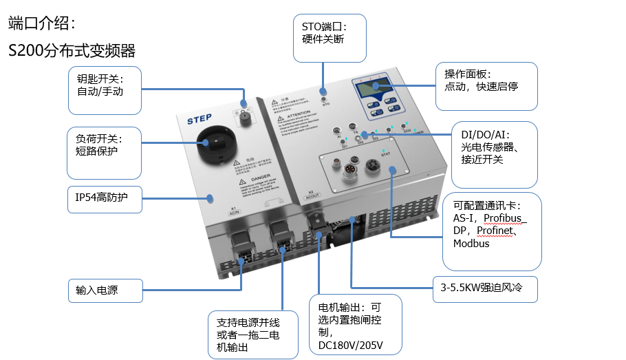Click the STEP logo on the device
point(199,118)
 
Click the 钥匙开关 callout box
point(105,90)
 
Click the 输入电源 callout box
point(104,290)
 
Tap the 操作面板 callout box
point(486,86)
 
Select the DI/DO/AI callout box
point(495,155)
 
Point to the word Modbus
point(471,244)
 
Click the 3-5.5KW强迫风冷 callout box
point(485,290)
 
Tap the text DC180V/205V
point(351,345)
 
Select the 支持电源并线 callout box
point(253,335)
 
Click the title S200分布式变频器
point(72,50)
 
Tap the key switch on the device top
point(243,114)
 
